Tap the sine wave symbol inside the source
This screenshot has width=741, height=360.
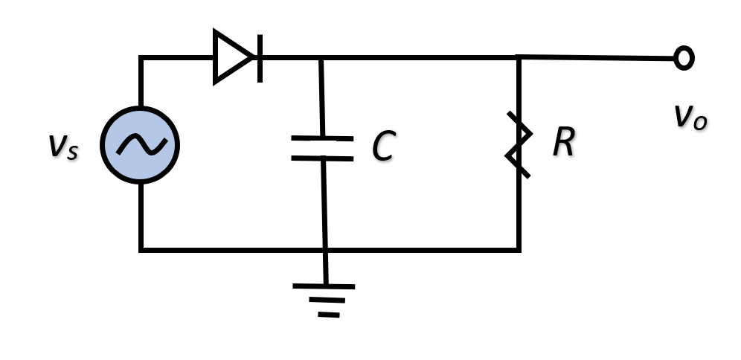click(x=140, y=146)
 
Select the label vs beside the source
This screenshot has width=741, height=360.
click(x=62, y=146)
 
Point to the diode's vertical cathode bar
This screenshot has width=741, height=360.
click(x=260, y=57)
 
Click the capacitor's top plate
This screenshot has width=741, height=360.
click(x=322, y=138)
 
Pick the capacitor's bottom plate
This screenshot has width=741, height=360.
click(x=322, y=157)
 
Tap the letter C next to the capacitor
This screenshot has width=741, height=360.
click(x=383, y=147)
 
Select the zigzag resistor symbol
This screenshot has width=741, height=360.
click(x=519, y=145)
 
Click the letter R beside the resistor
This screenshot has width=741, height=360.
click(x=563, y=143)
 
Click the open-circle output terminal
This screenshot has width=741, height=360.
click(x=683, y=58)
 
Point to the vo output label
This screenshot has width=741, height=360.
click(x=690, y=116)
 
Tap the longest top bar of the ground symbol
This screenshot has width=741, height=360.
click(x=324, y=286)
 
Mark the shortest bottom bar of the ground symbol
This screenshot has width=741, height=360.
click(x=328, y=315)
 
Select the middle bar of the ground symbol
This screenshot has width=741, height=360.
click(x=326, y=300)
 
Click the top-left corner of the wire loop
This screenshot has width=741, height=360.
click(x=141, y=57)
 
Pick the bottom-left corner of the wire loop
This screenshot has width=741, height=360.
click(x=141, y=250)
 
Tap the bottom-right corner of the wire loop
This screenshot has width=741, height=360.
click(x=518, y=250)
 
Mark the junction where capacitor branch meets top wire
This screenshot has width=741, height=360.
click(x=321, y=57)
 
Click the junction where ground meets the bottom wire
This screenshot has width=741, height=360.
click(x=324, y=250)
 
